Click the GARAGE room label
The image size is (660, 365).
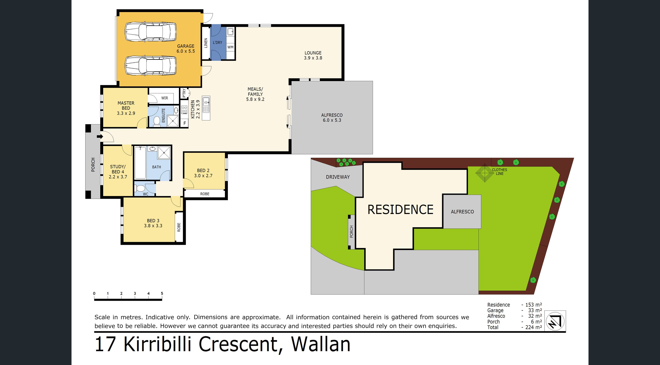[x=186, y=49]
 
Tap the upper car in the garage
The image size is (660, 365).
[x=150, y=32]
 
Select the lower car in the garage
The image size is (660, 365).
[x=150, y=65]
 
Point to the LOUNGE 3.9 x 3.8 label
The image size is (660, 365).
[x=313, y=55]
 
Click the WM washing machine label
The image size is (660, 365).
[x=230, y=47]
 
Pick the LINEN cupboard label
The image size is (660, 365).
[x=205, y=43]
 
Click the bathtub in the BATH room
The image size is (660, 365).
[x=140, y=163]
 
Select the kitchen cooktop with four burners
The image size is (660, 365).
[x=184, y=110]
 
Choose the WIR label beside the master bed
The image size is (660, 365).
[x=165, y=98]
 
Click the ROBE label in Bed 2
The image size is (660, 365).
[x=205, y=194]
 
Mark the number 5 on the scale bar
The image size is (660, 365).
[x=162, y=293]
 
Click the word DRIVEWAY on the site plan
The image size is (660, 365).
[x=338, y=177]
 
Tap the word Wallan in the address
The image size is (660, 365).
[x=321, y=344]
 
